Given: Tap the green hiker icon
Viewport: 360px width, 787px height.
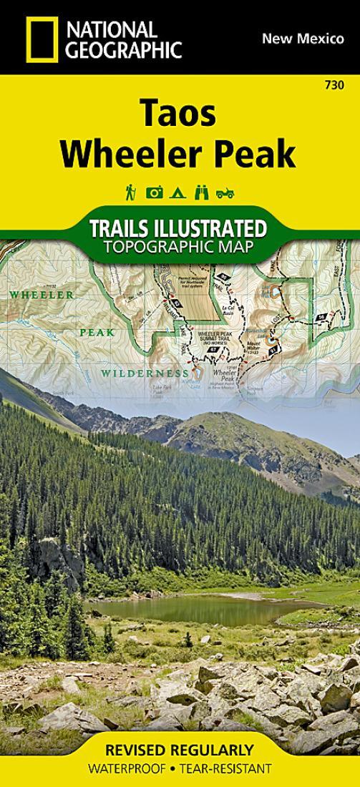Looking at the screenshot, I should pos(131,192).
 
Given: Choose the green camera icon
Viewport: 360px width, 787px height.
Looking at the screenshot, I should pos(155,192).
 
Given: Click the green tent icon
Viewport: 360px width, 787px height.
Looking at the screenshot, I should pos(180,192).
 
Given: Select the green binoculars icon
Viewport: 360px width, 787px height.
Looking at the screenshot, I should pos(203,192).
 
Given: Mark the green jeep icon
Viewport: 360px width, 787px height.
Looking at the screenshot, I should pos(226,192).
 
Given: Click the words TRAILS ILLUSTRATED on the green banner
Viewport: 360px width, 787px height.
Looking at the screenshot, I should pos(179,230).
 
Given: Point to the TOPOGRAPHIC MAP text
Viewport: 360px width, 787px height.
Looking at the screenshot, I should pos(179,248).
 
